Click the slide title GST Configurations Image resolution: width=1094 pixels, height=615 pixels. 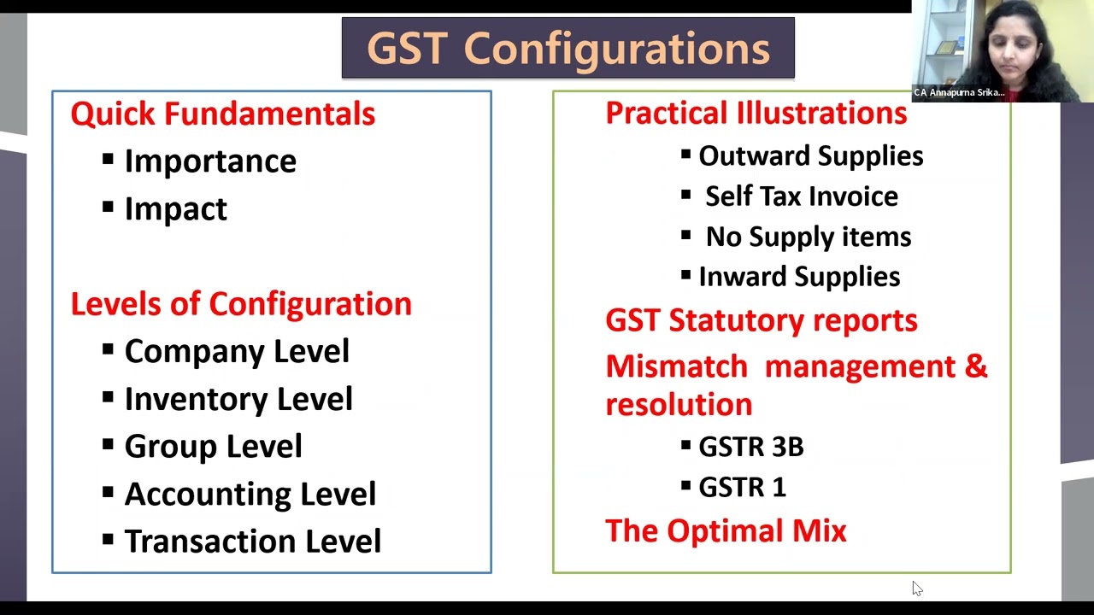(x=568, y=49)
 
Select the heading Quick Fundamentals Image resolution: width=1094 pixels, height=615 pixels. (x=222, y=114)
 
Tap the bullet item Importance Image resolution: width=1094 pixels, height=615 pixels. (x=210, y=161)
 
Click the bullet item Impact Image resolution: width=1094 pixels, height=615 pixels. (x=175, y=209)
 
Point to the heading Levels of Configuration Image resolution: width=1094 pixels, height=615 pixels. (x=241, y=304)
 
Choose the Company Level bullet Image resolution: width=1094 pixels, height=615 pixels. (x=237, y=351)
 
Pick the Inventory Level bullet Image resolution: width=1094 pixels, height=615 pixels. (x=238, y=399)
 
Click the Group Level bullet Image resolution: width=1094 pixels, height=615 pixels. (x=213, y=447)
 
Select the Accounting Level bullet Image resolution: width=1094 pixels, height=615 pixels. (x=250, y=494)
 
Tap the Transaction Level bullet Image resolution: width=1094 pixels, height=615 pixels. (x=252, y=542)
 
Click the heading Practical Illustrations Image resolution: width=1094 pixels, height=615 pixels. (x=756, y=113)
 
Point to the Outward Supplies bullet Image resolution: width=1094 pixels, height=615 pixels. (x=810, y=156)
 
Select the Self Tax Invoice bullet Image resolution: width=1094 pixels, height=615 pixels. (x=801, y=196)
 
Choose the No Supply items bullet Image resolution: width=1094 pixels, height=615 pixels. (x=808, y=237)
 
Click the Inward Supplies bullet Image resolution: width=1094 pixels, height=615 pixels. (x=799, y=277)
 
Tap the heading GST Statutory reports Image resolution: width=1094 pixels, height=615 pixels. (x=761, y=320)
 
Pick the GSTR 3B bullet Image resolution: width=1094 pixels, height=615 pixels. (x=750, y=447)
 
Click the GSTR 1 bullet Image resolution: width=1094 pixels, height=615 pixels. (x=742, y=487)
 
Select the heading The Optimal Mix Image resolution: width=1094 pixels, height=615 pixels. (x=726, y=530)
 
